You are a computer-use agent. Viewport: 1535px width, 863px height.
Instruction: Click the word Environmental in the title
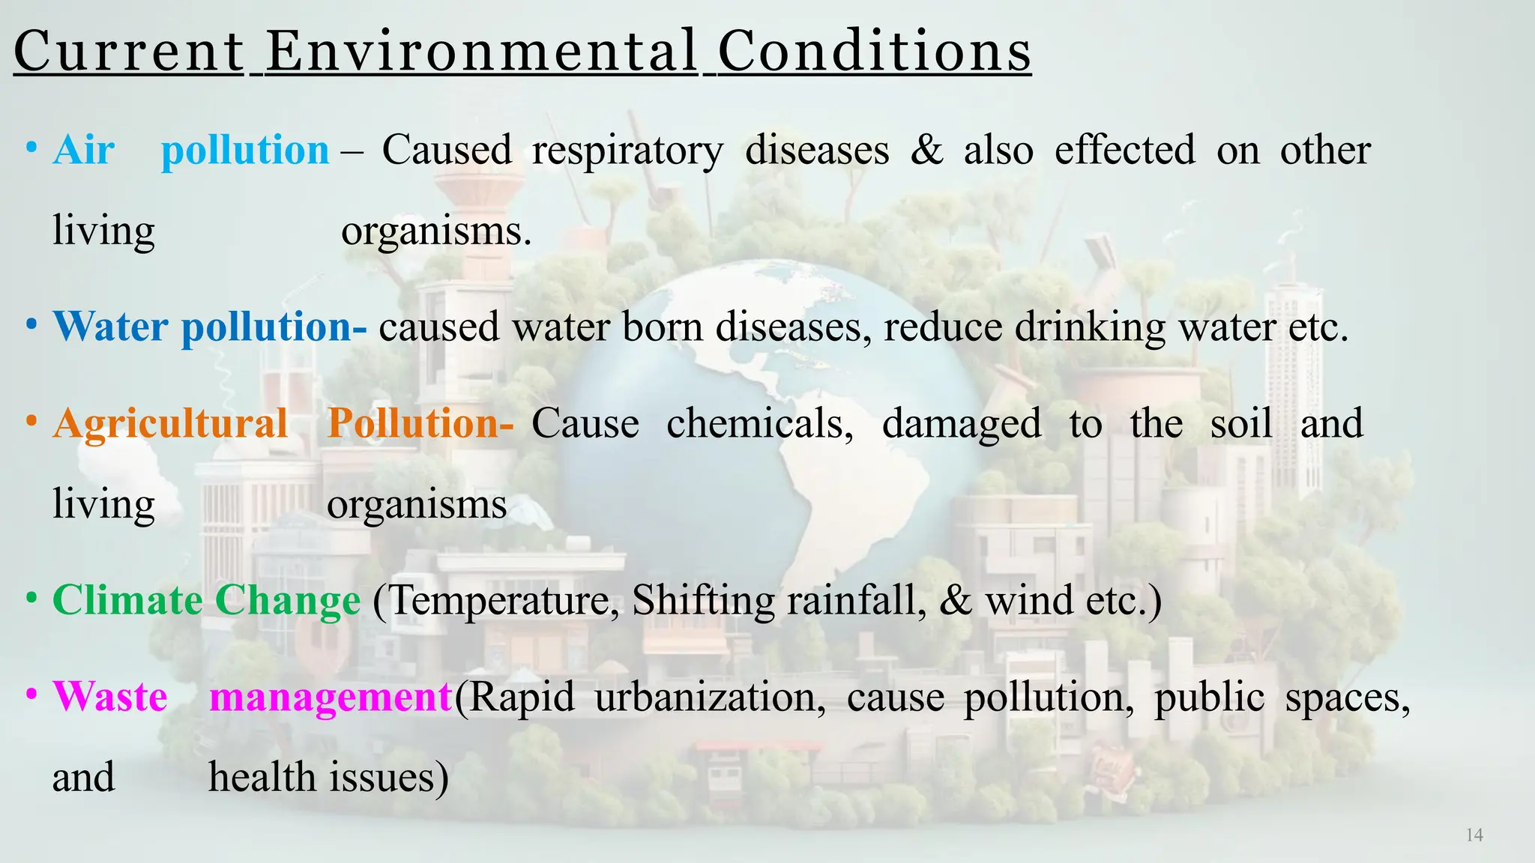[x=482, y=52]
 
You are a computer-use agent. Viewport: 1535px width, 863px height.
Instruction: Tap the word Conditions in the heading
[x=874, y=52]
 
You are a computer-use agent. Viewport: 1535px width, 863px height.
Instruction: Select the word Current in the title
[x=129, y=52]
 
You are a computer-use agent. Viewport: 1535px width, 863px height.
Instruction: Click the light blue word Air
[x=84, y=150]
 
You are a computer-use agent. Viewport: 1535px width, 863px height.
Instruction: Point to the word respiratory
[x=627, y=150]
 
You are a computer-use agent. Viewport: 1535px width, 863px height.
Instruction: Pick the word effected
[x=1124, y=150]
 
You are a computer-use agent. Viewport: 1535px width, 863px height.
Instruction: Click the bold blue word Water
[x=110, y=327]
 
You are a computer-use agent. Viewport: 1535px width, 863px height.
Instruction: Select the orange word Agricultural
[x=170, y=423]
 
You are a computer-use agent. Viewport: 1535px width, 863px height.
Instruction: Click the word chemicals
[x=760, y=423]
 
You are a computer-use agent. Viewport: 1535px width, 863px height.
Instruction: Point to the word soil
[x=1241, y=423]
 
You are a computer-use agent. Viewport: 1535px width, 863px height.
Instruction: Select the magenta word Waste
[x=110, y=697]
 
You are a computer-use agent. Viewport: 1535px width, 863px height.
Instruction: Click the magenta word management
[x=330, y=697]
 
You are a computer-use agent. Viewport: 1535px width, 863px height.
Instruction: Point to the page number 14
[x=1474, y=835]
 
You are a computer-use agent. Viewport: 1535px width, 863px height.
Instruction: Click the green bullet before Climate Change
[x=31, y=599]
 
